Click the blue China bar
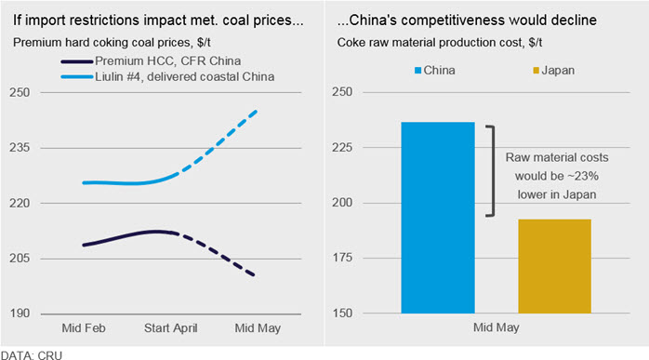click(438, 218)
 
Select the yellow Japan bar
click(555, 266)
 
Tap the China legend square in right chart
click(418, 71)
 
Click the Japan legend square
click(536, 71)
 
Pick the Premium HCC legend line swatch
click(77, 61)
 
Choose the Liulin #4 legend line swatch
click(77, 76)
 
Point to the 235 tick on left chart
click(20, 148)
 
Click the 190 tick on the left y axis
click(20, 313)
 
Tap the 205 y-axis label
click(20, 258)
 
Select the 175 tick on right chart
click(342, 258)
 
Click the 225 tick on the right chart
click(342, 147)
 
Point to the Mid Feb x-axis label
click(84, 328)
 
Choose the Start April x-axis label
click(170, 328)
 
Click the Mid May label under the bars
click(497, 327)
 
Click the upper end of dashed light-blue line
click(257, 111)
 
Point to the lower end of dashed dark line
click(253, 274)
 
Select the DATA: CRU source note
click(32, 355)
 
